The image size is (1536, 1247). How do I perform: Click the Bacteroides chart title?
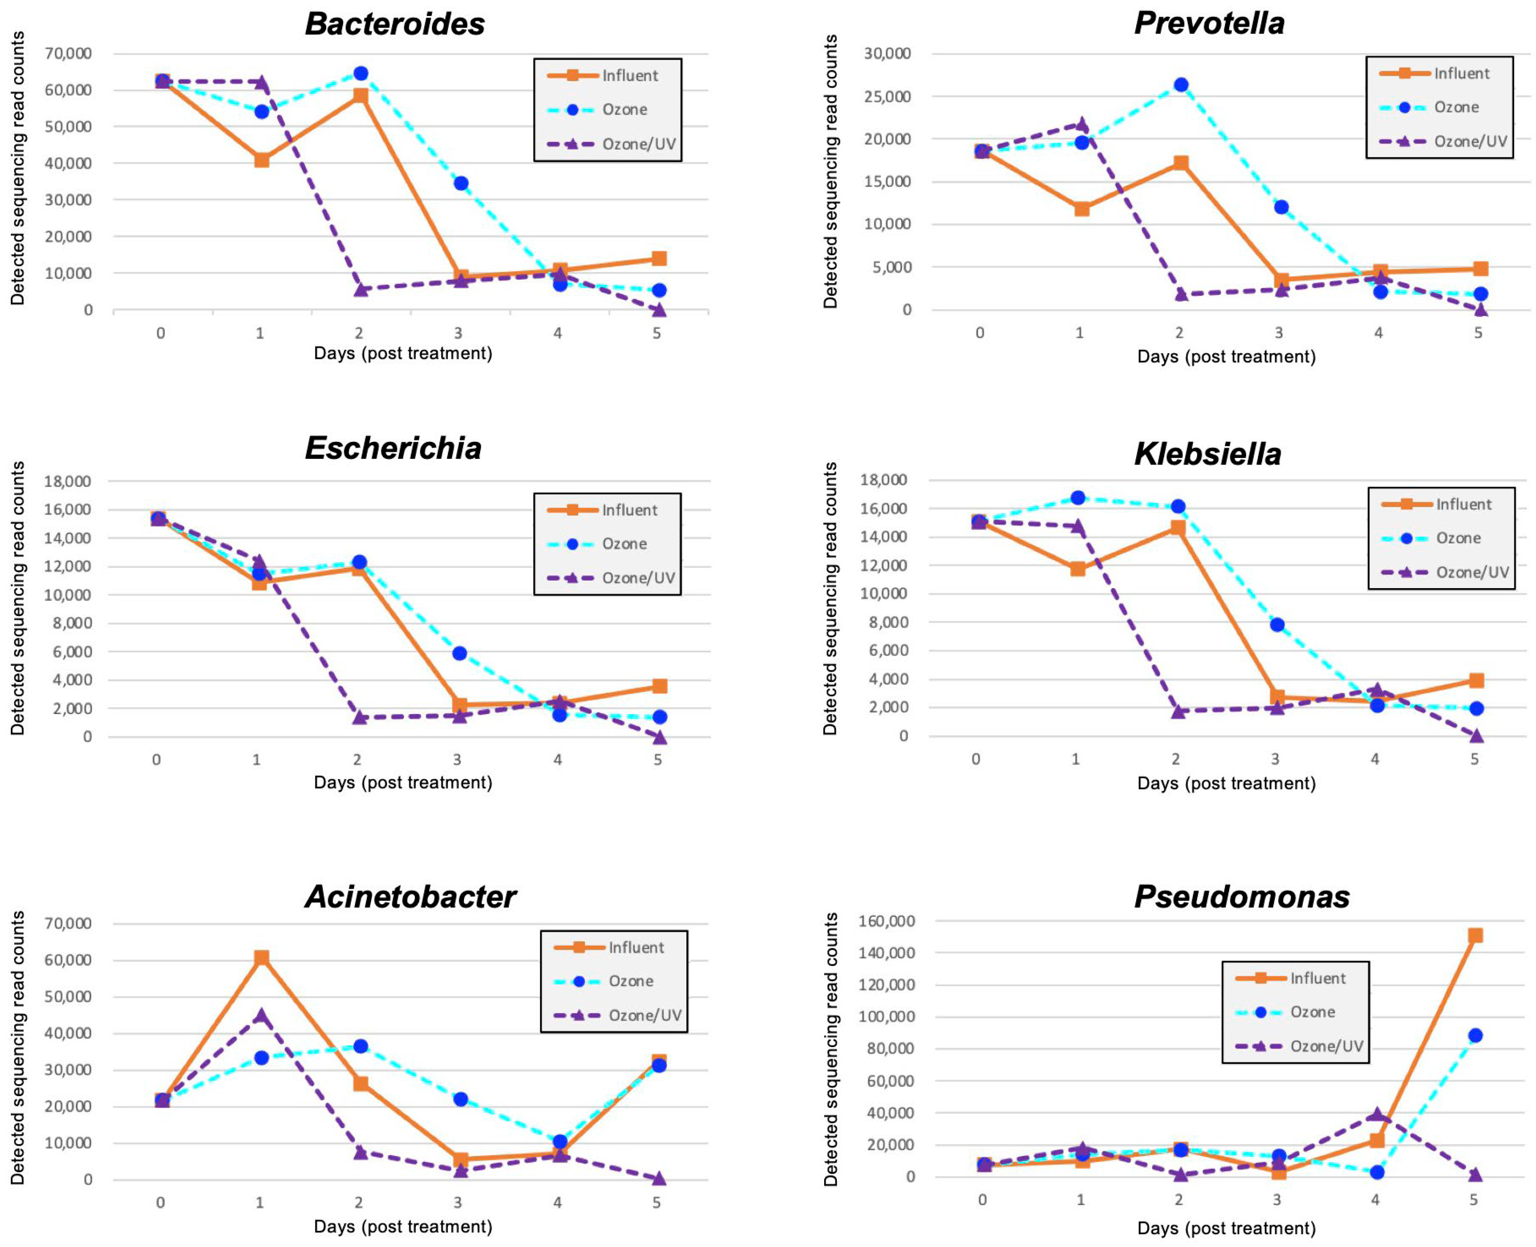(x=395, y=24)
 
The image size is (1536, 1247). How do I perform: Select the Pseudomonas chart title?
(x=1241, y=897)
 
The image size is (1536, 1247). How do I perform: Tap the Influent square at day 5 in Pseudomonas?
(x=1475, y=935)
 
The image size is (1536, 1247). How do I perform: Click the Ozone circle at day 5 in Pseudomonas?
(x=1475, y=1035)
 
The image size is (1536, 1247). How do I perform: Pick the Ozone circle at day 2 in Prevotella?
(x=1180, y=85)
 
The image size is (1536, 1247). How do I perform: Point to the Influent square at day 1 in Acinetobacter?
(x=262, y=957)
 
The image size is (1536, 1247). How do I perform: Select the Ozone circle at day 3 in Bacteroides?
(x=461, y=183)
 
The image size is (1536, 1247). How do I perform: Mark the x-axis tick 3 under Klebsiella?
(x=1275, y=759)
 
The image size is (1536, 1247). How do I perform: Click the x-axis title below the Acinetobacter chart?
(x=403, y=1226)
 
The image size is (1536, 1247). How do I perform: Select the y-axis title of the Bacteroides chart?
(x=17, y=169)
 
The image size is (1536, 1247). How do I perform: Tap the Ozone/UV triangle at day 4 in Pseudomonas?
(x=1376, y=1114)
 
